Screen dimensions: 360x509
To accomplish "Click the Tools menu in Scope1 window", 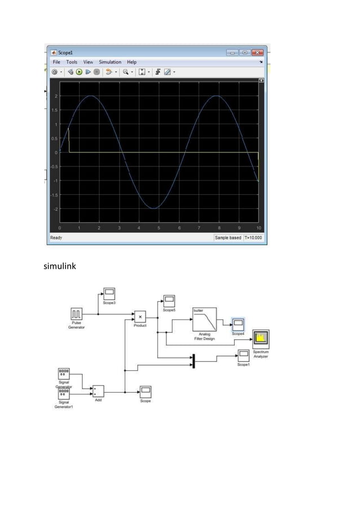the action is tap(72, 62).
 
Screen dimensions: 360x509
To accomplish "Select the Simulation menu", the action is tap(110, 62).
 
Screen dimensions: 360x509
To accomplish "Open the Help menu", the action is tap(131, 62).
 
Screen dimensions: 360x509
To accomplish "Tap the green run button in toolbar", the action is tap(80, 72).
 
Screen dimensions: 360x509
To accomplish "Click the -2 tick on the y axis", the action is tap(55, 209).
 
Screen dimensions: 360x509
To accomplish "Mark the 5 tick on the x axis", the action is tap(159, 227).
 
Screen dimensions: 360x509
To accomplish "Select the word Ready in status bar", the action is tap(56, 238).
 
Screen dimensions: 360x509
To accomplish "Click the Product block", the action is tap(140, 317).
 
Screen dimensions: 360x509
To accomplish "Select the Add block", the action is tap(98, 390).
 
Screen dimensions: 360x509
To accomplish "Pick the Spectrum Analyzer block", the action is tap(261, 338).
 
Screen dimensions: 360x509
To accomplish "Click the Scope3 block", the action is tap(109, 294).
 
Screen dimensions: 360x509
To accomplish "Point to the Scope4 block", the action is tap(239, 324).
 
